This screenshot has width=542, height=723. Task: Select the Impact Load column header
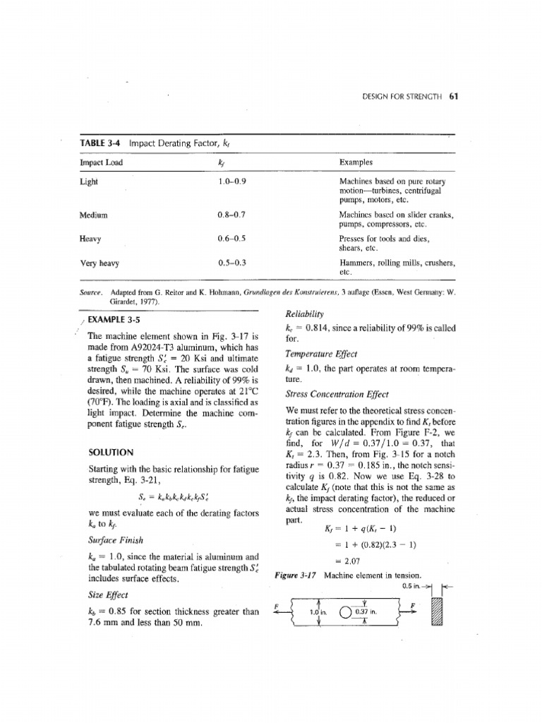tap(102, 162)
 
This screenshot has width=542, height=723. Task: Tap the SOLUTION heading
tap(111, 452)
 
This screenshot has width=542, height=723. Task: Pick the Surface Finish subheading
tap(116, 541)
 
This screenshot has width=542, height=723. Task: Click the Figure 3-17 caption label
tap(295, 575)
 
